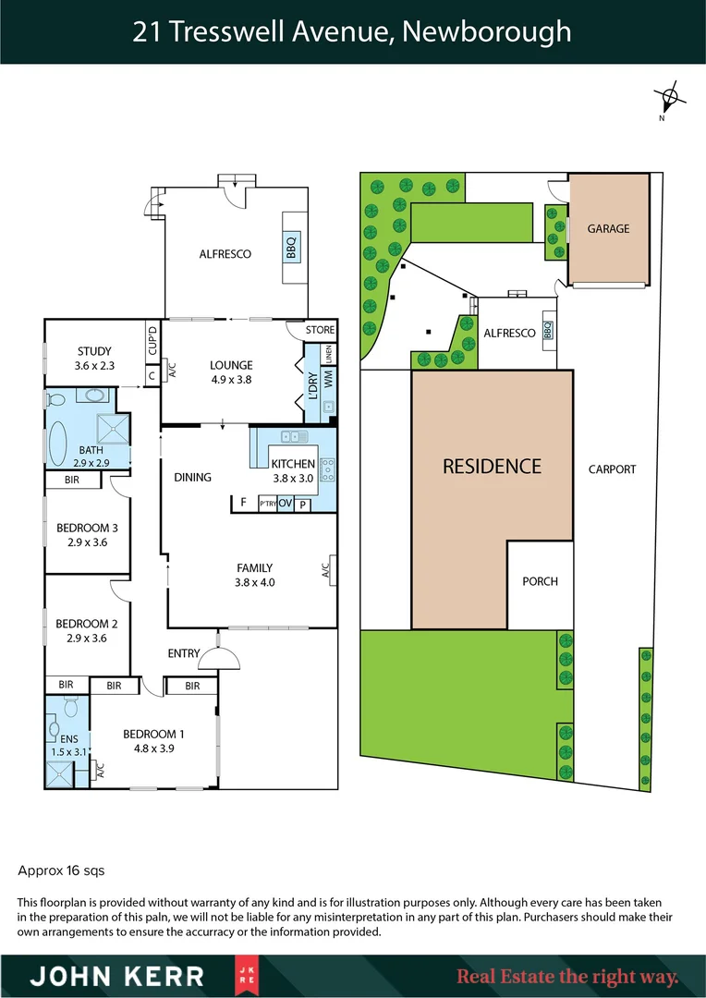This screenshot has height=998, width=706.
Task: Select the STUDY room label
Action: coord(94,351)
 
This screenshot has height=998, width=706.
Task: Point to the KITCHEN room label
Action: coord(293,464)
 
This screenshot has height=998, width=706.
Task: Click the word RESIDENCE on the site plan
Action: coord(492,466)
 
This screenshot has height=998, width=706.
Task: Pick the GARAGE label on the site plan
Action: coord(608,228)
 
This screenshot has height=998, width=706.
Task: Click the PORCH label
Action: coord(540,581)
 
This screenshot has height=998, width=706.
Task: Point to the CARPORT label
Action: coord(612,469)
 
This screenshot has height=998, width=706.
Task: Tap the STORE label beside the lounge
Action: coord(320,330)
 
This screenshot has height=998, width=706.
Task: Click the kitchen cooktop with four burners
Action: coord(327,471)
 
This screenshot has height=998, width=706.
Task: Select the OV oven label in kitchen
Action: coord(285,504)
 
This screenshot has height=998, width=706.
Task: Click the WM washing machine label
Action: coord(328,379)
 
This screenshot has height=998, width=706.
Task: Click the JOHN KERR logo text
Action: coord(118,976)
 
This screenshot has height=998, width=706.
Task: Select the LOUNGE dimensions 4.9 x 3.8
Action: coord(231,379)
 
